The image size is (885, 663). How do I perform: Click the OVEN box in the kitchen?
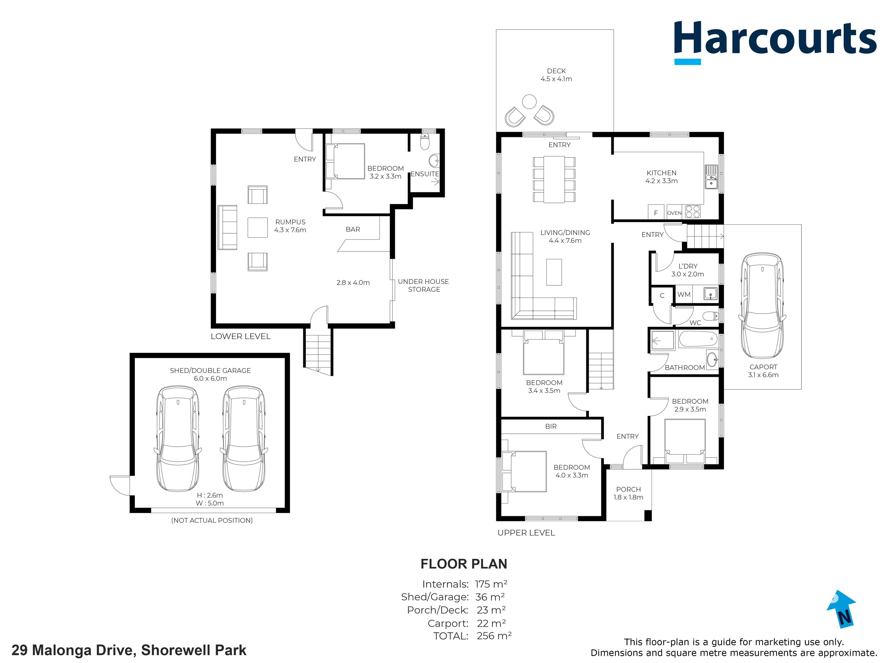pos(674,213)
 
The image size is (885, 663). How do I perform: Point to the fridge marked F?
pos(656,213)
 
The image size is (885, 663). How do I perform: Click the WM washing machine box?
pos(684,294)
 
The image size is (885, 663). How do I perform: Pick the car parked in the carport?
pos(762,306)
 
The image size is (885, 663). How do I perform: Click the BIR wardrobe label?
pos(551,426)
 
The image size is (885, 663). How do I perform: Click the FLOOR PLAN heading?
pos(464,564)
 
